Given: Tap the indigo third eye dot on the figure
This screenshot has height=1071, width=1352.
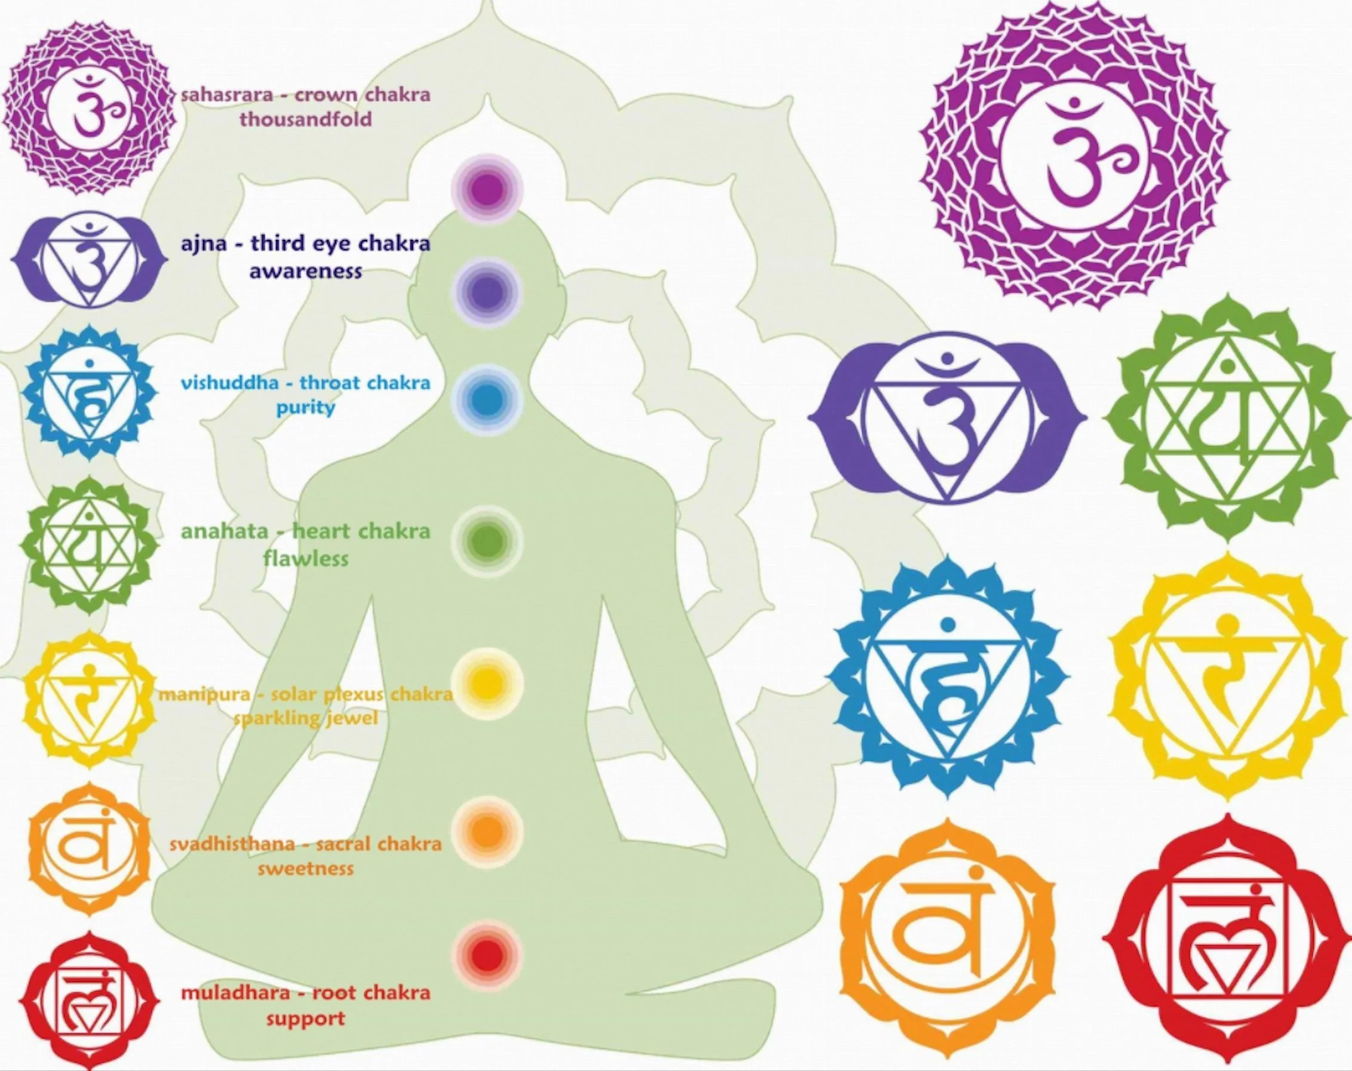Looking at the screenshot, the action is (x=487, y=292).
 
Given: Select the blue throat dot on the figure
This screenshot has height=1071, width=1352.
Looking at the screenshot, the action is (x=487, y=399).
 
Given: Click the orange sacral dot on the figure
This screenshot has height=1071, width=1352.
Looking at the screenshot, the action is (x=487, y=831).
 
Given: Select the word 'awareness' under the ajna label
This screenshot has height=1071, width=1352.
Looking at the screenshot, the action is (x=305, y=272).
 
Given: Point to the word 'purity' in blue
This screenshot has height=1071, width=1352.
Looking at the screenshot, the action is (x=305, y=408).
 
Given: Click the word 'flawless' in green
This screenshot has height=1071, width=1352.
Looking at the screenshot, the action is (x=305, y=558).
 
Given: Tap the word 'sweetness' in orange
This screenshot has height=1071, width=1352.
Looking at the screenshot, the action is (x=305, y=869).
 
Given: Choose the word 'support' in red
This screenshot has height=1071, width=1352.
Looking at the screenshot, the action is (x=305, y=1018).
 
